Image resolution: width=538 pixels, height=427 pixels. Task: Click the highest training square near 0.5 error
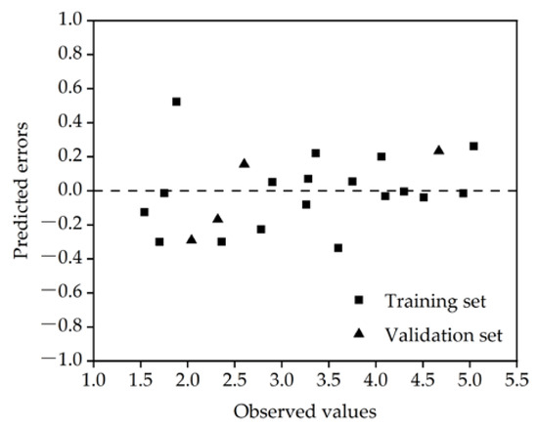click(x=176, y=102)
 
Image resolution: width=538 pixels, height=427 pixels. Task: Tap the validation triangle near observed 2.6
click(x=244, y=163)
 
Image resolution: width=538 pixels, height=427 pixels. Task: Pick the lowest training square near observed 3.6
click(x=337, y=248)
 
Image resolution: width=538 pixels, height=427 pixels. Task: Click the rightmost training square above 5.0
click(x=473, y=147)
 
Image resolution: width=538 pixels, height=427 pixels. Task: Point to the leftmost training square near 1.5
click(x=145, y=212)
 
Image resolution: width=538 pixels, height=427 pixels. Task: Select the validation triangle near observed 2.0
click(x=191, y=239)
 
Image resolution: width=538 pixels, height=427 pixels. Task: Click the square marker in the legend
click(x=358, y=300)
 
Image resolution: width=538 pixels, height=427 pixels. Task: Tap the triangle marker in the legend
click(x=358, y=334)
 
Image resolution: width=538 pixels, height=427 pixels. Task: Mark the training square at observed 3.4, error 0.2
click(x=316, y=153)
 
